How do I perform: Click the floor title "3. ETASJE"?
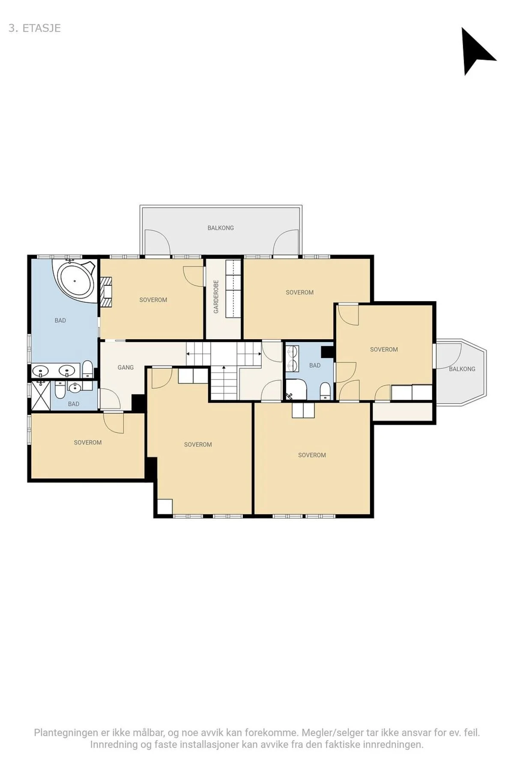click(35, 28)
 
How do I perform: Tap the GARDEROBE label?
click(216, 297)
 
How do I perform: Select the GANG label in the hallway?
click(126, 367)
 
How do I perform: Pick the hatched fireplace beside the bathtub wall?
click(107, 292)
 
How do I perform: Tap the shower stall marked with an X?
click(41, 394)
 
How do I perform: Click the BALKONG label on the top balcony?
click(221, 228)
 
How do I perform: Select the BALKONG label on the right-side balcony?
click(462, 369)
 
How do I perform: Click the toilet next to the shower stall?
click(59, 390)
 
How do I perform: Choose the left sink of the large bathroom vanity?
click(41, 370)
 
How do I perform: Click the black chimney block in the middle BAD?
click(328, 351)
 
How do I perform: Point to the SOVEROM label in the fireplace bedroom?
click(153, 300)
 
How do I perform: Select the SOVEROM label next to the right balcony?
click(384, 350)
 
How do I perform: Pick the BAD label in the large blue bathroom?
click(60, 320)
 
